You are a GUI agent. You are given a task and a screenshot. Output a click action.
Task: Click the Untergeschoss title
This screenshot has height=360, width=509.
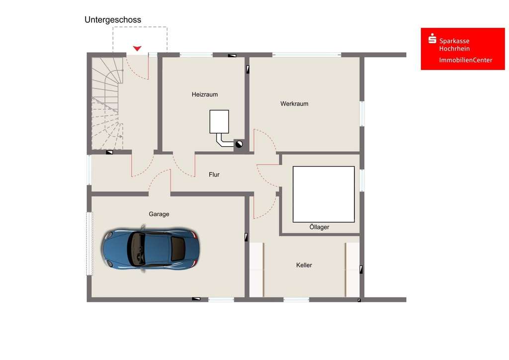[113, 20]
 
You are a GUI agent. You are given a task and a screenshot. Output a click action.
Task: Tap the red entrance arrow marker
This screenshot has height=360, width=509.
[137, 48]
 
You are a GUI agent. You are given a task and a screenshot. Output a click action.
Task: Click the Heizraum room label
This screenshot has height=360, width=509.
[205, 94]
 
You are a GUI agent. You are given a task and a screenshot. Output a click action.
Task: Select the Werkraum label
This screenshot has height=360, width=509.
[294, 104]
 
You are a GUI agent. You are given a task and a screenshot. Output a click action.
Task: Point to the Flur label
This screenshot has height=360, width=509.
[214, 175]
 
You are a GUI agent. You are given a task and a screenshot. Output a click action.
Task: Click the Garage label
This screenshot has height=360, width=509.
[159, 214]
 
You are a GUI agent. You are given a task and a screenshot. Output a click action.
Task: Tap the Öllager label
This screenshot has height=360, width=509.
[319, 227]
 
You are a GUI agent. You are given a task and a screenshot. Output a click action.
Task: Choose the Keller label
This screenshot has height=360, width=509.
[304, 266]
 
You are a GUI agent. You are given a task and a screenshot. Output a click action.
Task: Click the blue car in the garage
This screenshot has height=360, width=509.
[150, 248]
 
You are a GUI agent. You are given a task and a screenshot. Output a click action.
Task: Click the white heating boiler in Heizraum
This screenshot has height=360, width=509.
[219, 122]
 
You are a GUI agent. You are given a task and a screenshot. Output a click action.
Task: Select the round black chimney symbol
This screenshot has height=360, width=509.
[239, 145]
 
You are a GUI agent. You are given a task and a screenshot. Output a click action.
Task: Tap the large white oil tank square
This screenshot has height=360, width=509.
[324, 194]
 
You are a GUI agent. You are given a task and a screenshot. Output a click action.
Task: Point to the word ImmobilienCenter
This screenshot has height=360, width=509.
[466, 60]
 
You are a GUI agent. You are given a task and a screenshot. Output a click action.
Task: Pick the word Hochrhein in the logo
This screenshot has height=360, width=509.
[454, 49]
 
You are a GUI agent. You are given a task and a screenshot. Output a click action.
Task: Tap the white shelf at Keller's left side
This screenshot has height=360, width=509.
[256, 270]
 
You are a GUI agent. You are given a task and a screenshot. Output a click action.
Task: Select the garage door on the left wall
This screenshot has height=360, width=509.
[89, 243]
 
